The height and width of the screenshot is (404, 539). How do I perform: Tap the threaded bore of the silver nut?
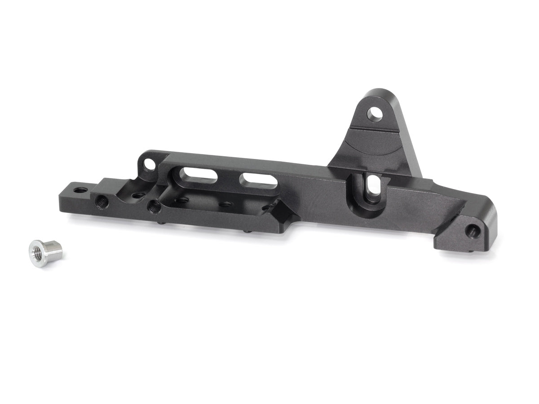coord(38,248)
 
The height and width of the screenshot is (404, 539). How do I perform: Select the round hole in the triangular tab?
coord(374,113)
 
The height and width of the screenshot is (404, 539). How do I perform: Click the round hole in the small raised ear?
coord(150,165)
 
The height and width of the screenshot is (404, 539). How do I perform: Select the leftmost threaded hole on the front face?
coord(102,202)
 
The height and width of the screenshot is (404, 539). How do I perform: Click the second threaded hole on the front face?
coord(154,206)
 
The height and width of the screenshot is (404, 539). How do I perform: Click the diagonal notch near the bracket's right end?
coord(449,220)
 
